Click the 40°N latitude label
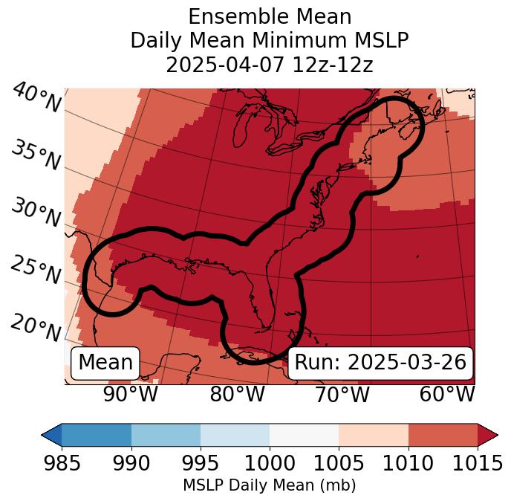point(36,98)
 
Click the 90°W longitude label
point(130,395)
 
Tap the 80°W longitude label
point(237,395)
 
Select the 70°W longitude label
point(342,395)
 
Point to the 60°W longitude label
point(446,395)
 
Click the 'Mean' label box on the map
point(105,363)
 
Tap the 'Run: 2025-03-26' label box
point(380,363)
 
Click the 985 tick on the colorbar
point(62,463)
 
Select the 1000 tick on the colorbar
point(270,463)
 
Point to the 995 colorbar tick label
point(201,463)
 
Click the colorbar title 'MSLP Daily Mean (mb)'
point(269,486)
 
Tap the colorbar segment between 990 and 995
point(166,434)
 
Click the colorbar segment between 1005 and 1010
point(374,434)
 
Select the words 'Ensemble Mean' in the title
point(270,16)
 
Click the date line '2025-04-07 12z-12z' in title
point(270,65)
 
